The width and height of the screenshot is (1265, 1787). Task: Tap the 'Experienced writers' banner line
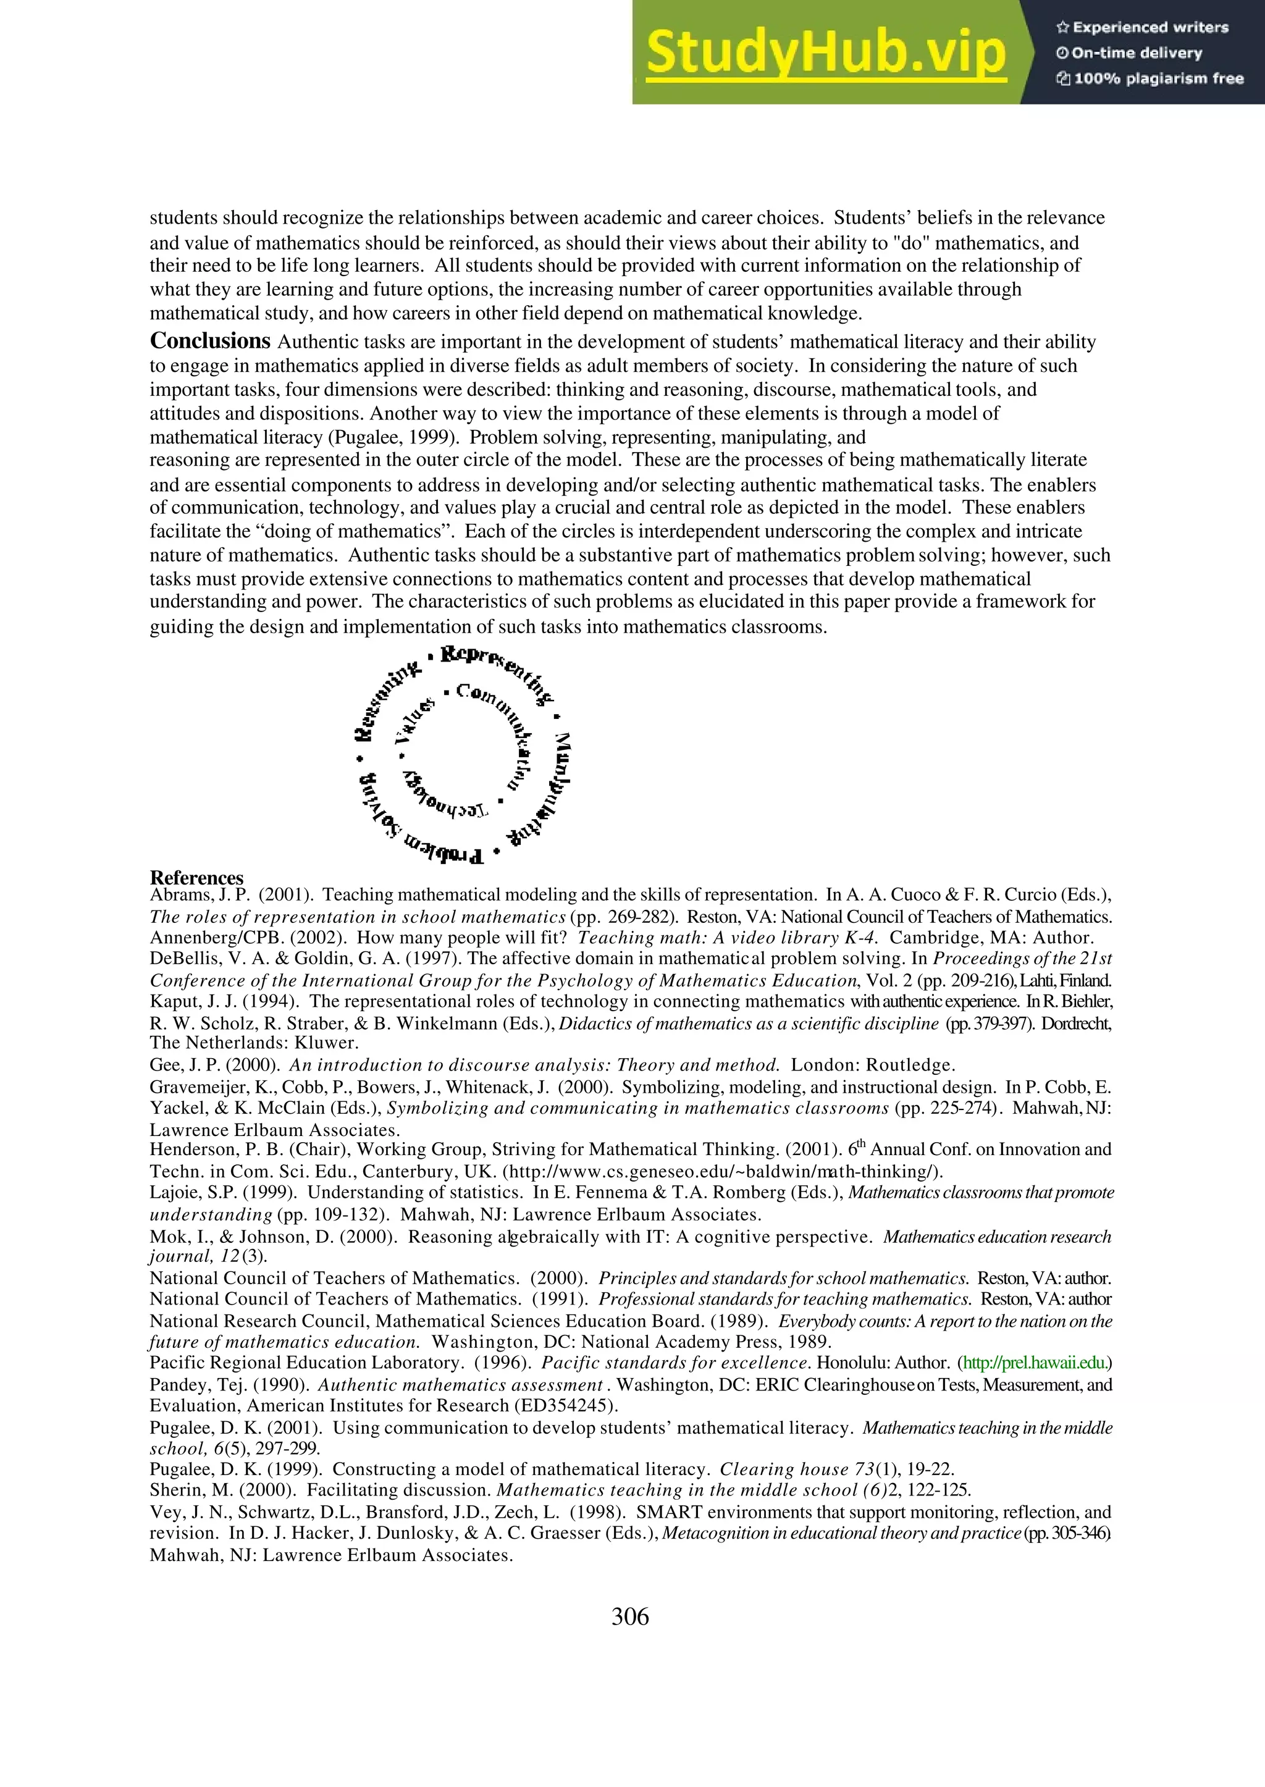pos(1142,28)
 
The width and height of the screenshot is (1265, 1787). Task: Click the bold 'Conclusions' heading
pos(209,341)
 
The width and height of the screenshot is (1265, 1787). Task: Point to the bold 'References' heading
pos(196,878)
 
